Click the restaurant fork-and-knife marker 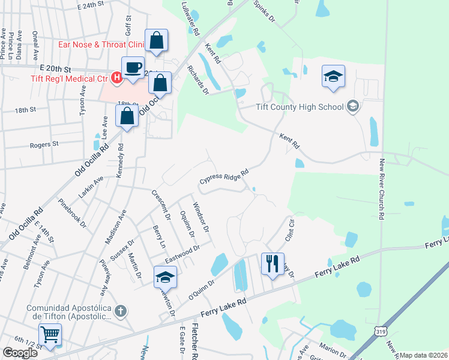tap(273, 263)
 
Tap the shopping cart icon tap(50, 334)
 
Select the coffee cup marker tap(133, 67)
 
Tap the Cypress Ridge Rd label tap(224, 178)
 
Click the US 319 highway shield tap(381, 331)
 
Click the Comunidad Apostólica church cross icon tap(121, 311)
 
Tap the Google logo tap(20, 352)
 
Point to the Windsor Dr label tap(200, 217)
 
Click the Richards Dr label tap(197, 80)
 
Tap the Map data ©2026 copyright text tap(423, 355)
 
